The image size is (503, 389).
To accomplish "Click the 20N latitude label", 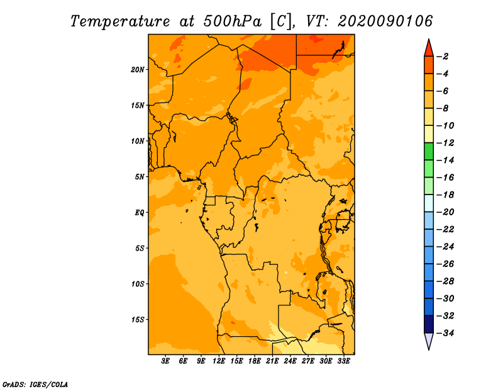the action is coord(138,70).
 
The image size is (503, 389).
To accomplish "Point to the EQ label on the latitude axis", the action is coord(140,213).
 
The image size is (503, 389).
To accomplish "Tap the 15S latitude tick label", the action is coord(138,320).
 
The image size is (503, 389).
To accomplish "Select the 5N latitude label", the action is coord(140,177).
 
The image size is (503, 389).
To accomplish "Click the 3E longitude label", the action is coord(165,361).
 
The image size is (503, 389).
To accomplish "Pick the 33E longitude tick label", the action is coord(343,361).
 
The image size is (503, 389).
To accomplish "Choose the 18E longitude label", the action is coord(255,361).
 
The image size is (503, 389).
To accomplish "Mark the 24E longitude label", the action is coord(290,361).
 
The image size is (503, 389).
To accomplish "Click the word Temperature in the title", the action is coord(120,21).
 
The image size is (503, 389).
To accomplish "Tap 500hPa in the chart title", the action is coord(233,21).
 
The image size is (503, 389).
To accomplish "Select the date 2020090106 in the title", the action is coord(385,21).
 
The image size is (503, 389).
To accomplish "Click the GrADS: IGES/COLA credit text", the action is coord(35,385).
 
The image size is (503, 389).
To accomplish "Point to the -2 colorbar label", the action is coord(443,57).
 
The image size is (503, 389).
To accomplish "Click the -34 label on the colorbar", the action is coord(445,333).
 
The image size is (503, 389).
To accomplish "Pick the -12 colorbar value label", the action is coord(445,143).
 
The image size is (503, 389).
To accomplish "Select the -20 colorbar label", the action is coord(445,212).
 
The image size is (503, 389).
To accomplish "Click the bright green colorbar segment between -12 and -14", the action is coord(429,151).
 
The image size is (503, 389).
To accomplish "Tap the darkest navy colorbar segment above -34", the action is coord(429,324).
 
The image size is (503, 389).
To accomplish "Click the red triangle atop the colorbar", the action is coord(429,49).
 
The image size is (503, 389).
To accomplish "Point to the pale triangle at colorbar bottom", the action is coord(429,340).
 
